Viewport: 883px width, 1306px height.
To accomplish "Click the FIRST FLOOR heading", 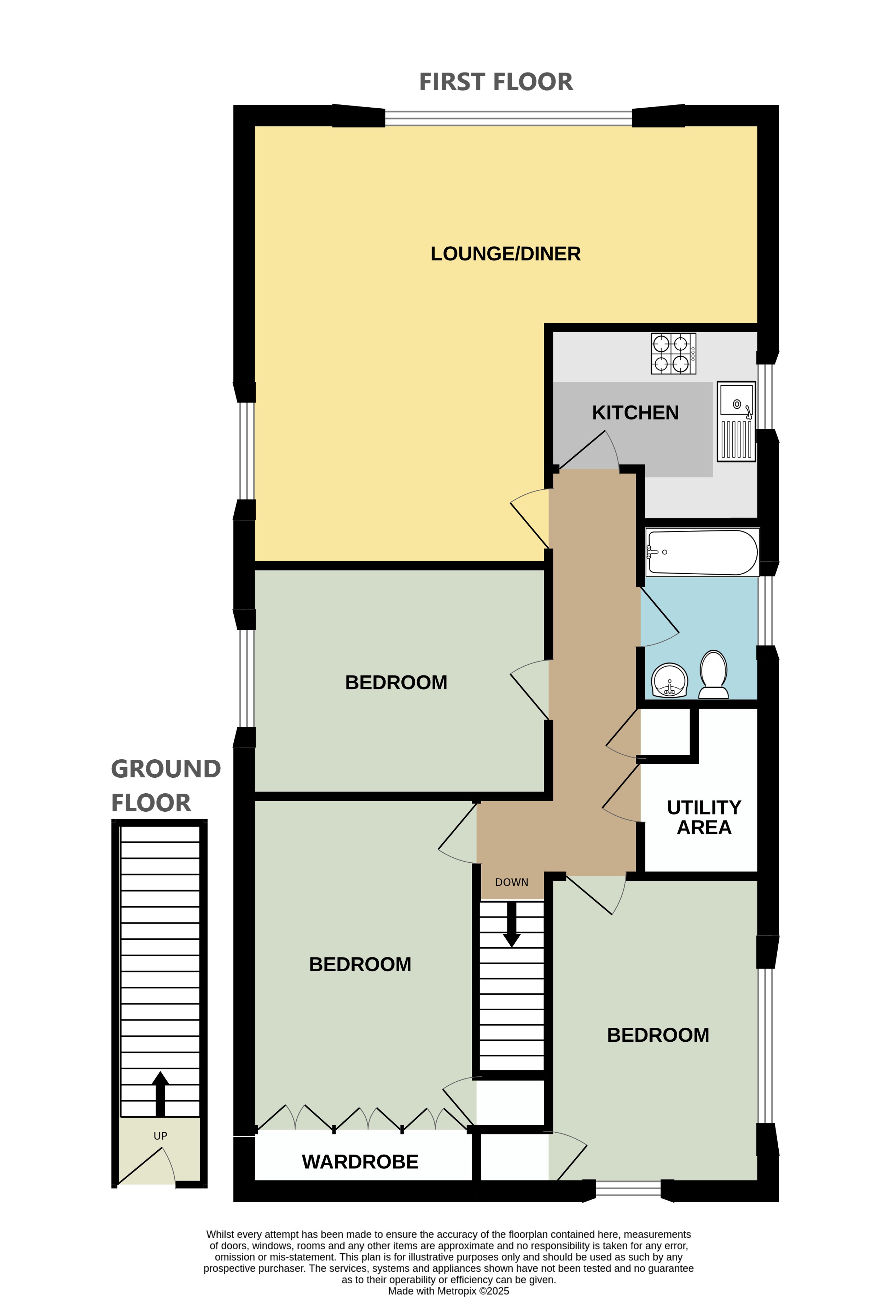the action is pyautogui.click(x=495, y=82).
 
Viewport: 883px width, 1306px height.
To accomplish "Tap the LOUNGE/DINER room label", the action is pyautogui.click(x=505, y=254).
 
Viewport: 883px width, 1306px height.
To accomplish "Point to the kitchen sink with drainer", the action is pyautogui.click(x=736, y=421).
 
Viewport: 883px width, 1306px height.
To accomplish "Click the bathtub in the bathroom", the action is pyautogui.click(x=702, y=552).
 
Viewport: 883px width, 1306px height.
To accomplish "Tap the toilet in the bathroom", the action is pyautogui.click(x=713, y=674).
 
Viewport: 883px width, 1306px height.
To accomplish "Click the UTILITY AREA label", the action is pyautogui.click(x=703, y=817).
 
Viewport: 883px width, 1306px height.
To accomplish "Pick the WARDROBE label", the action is pyautogui.click(x=360, y=1162).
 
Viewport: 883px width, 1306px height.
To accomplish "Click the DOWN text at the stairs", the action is pyautogui.click(x=511, y=882).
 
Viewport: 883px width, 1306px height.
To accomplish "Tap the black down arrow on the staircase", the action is pyautogui.click(x=511, y=925).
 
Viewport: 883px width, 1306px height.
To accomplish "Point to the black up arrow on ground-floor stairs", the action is pyautogui.click(x=160, y=1094).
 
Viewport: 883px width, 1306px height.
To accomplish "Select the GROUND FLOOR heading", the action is pyautogui.click(x=166, y=786).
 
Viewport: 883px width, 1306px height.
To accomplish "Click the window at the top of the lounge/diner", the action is pyautogui.click(x=509, y=118).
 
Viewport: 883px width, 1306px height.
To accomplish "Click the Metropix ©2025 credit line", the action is pyautogui.click(x=448, y=1291).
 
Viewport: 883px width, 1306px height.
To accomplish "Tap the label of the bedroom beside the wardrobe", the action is pyautogui.click(x=360, y=964).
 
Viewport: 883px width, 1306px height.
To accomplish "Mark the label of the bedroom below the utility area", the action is pyautogui.click(x=658, y=1035).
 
